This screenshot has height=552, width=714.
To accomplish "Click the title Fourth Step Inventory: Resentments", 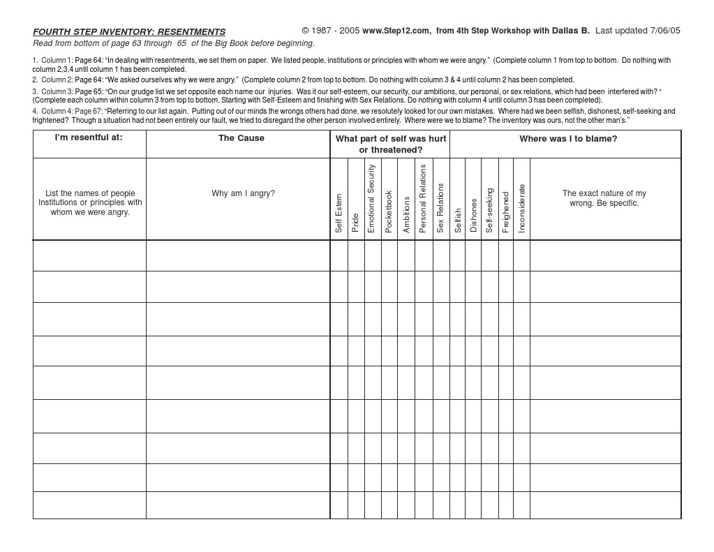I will (x=129, y=32).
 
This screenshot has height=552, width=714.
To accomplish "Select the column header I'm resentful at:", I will (x=89, y=137).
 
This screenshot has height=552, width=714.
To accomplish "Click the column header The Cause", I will (x=241, y=138).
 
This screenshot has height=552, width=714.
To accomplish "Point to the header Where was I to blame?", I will (x=567, y=139).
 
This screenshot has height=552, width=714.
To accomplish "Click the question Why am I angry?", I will (x=243, y=193).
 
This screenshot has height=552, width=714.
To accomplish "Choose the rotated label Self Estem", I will (x=339, y=213).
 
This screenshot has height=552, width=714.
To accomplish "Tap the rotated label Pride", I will (x=355, y=222).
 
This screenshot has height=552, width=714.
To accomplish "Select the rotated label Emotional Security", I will (x=371, y=198).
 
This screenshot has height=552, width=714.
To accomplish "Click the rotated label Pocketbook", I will (x=389, y=211).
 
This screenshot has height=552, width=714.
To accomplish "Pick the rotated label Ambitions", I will (x=406, y=214).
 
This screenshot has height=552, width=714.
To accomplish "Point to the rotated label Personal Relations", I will (x=423, y=198).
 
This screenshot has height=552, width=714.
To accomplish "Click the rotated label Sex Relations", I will (x=440, y=208).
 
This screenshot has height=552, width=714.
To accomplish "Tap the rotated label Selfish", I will (x=458, y=220).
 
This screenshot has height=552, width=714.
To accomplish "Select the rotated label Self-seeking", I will (x=490, y=210).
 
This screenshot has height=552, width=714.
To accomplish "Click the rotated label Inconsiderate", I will (x=522, y=208).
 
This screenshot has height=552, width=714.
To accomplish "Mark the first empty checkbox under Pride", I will (x=356, y=255).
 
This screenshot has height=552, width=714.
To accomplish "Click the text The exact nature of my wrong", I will (x=604, y=198).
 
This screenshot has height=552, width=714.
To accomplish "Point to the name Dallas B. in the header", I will (x=571, y=31).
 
